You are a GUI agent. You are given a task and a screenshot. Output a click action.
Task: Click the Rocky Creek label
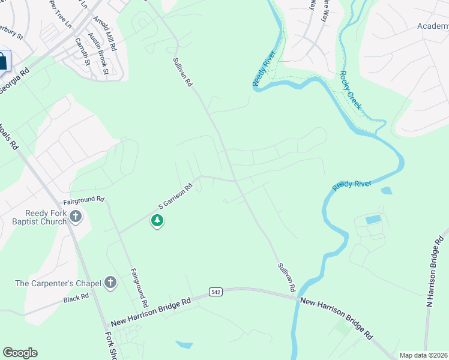point(351,90)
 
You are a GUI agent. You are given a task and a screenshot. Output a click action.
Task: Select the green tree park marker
point(157,221)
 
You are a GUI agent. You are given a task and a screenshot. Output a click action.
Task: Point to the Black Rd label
point(76,296)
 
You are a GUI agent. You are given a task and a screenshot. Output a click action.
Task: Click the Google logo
point(20,353)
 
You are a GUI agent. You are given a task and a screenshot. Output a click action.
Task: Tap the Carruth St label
point(82,52)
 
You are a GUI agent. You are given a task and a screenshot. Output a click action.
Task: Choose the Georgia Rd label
point(14,79)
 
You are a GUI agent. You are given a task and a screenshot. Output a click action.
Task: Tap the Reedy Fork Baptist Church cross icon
point(75,217)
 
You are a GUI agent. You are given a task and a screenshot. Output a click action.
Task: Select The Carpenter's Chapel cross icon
point(110,283)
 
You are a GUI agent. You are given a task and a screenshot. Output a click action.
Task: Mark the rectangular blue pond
point(373,219)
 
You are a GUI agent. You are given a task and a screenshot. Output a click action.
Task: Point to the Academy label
point(433,26)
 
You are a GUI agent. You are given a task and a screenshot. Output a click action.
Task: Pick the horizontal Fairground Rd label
point(84,199)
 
